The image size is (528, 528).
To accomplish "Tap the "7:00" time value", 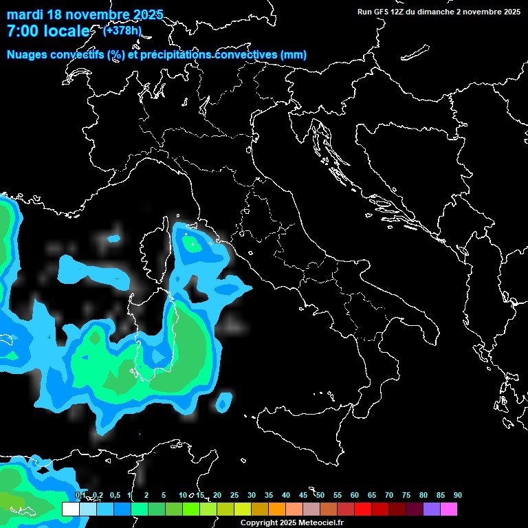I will pos(22,32).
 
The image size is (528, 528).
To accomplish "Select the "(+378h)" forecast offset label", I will pos(122,30).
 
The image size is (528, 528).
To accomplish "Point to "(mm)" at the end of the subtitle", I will pos(294,55).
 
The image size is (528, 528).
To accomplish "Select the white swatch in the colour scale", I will pos(70,509).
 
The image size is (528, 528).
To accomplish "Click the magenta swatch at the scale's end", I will pos(449,509).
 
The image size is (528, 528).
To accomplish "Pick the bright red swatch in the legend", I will pos(363,509).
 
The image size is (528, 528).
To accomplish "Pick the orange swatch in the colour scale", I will pos(277,509).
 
